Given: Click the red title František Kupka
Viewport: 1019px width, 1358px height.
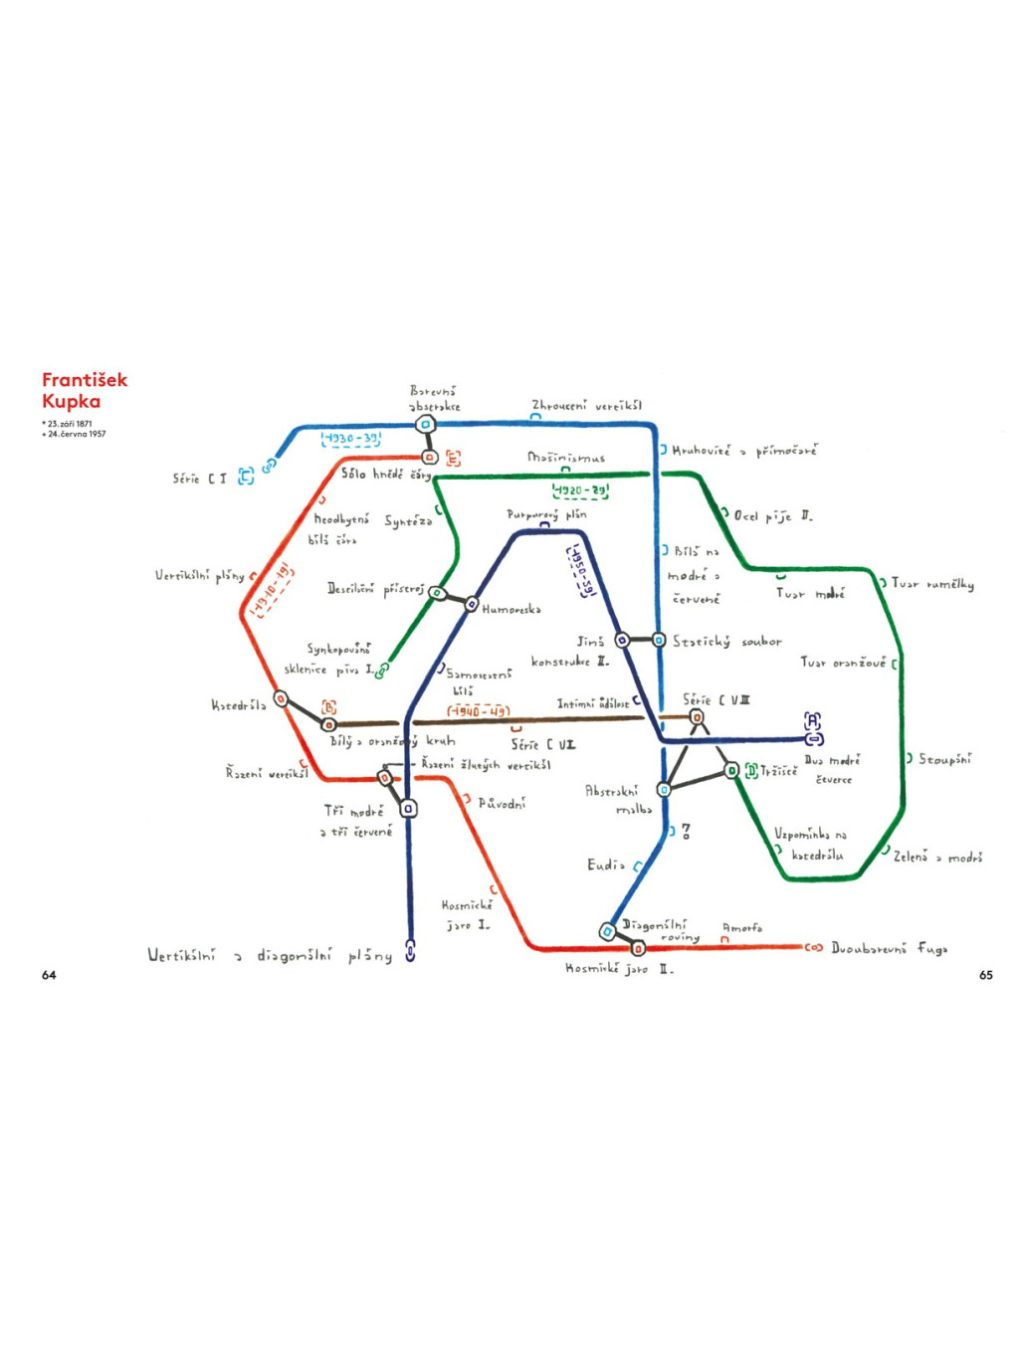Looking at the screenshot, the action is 85,390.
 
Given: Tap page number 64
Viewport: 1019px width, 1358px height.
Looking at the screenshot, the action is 49,975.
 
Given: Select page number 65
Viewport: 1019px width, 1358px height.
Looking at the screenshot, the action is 985,975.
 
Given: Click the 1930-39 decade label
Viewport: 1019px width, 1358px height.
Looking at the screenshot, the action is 351,439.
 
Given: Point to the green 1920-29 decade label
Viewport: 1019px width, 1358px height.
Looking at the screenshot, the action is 580,490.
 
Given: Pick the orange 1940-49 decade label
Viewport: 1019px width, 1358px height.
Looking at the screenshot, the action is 478,711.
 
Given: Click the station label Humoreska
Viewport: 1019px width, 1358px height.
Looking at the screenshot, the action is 511,609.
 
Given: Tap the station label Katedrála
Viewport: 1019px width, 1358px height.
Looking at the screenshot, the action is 239,705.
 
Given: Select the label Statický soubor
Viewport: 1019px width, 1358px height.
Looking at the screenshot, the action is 727,642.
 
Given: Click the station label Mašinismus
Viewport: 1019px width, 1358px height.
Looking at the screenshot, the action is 566,458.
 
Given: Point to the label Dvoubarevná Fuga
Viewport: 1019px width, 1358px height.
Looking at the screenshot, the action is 889,949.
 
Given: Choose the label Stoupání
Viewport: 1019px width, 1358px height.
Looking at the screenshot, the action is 944,759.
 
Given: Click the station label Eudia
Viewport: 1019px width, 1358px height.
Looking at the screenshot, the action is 606,865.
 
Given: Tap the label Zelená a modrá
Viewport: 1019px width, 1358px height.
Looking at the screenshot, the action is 937,857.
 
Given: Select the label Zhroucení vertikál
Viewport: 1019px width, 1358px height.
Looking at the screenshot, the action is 586,406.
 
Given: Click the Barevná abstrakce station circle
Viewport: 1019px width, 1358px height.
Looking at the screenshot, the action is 425,424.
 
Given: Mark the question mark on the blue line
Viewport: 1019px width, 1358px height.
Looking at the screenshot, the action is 686,831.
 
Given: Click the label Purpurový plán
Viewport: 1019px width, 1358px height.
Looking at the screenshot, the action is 546,514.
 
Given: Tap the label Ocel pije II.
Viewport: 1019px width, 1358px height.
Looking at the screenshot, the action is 773,516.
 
